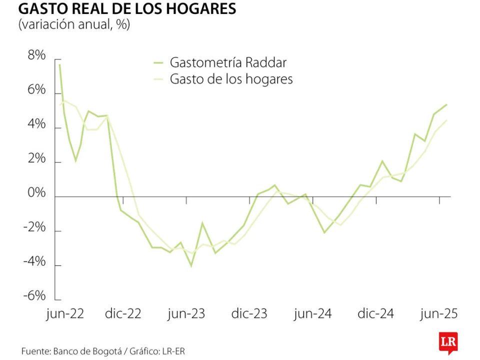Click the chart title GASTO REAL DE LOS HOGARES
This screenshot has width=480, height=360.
(127, 9)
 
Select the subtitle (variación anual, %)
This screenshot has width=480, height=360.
(74, 25)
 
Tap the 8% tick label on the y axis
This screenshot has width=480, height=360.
(36, 56)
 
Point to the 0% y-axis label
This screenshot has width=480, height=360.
(36, 193)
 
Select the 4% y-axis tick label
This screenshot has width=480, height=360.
(36, 125)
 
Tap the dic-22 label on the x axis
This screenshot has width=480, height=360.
(123, 314)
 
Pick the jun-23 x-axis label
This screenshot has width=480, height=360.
(186, 314)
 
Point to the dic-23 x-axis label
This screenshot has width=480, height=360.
(249, 314)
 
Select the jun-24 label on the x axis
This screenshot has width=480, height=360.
(312, 314)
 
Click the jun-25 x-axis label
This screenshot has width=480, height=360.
(439, 314)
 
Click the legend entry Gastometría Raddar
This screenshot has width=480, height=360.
(228, 62)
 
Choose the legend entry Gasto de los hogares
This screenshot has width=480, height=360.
(231, 79)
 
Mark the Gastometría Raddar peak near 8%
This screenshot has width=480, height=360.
(60, 64)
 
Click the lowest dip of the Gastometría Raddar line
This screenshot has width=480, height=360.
(191, 266)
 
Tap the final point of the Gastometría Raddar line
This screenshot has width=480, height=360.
(446, 104)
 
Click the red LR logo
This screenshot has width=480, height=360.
(448, 342)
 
